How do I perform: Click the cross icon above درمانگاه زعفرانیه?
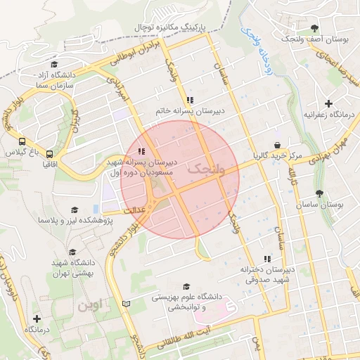328,103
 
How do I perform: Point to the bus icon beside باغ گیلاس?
22,141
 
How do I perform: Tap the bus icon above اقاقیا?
49,154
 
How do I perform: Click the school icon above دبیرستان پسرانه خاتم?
190,100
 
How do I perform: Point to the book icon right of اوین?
127,304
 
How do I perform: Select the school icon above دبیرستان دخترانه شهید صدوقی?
266,259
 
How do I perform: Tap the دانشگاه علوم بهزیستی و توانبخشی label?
186,302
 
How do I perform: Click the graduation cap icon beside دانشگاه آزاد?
55,64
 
